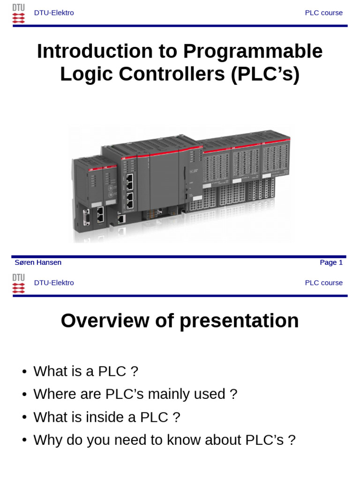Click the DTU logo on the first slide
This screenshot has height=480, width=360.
[x=18, y=14]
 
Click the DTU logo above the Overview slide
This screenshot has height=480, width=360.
[x=18, y=284]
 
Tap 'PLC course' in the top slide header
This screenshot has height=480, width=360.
[x=323, y=13]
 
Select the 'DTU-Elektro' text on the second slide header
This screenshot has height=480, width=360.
[x=54, y=283]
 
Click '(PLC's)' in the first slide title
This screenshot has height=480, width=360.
[x=265, y=74]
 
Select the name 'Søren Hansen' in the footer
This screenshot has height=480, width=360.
[x=38, y=262]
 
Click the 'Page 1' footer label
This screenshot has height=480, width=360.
[x=331, y=262]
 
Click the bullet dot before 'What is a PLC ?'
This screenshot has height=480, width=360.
[x=24, y=372]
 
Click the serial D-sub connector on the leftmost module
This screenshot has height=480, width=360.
[x=86, y=218]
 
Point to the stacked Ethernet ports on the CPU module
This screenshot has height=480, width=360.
[x=130, y=191]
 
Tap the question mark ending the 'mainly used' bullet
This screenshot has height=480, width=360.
[x=233, y=394]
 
